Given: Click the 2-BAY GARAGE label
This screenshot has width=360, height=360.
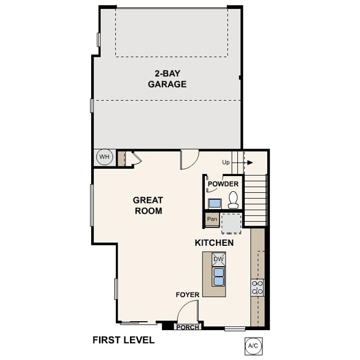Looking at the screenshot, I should coord(167,79).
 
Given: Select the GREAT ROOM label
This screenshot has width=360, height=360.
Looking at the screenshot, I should coord(148,205).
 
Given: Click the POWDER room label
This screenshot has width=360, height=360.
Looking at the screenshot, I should coord(223,184).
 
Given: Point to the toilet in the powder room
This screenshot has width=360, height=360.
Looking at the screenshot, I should coord(233,199).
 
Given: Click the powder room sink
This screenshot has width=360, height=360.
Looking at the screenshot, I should coord(214,202).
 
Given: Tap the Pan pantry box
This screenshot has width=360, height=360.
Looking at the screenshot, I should coord(212,219).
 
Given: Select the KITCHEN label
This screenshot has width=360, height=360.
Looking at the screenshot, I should coord(214,243).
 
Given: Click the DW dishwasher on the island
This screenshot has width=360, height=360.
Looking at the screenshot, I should coord(218,259).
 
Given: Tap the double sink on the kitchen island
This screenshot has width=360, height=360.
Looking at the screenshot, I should coord(218,276).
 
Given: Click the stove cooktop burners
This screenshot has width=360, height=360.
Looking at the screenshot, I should coord(258,287).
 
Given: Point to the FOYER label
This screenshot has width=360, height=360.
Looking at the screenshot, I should coord(187,294).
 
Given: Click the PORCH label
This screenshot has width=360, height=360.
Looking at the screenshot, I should coord(187,327).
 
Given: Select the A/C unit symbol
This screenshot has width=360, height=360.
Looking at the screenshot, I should coord(251,345).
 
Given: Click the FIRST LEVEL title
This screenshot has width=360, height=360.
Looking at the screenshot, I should coord(123,340).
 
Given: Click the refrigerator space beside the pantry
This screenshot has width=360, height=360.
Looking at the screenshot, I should coord(231,222).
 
